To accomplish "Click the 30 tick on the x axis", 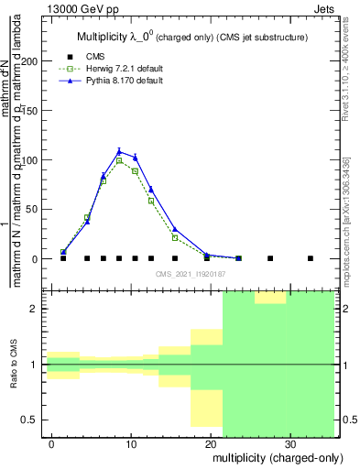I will tap(289, 443).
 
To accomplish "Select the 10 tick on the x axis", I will tap(131, 443).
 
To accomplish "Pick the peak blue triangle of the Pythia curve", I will tap(119, 151).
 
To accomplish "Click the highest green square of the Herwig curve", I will tap(119, 160).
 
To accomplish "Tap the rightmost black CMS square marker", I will tap(310, 258).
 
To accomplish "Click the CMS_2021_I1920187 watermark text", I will tap(190, 273).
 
